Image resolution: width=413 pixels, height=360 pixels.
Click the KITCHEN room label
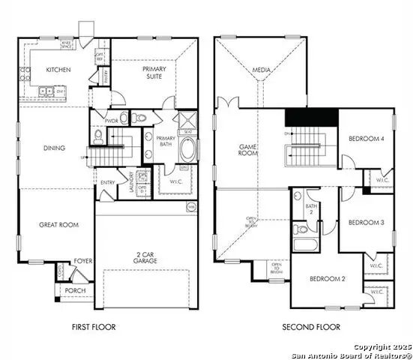58,69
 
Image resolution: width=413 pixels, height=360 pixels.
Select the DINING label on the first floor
54,148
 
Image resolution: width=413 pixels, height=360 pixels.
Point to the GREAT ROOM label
59,224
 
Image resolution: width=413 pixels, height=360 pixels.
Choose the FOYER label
82,262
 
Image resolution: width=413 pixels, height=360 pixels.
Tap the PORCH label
75,290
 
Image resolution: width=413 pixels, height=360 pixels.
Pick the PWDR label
112,120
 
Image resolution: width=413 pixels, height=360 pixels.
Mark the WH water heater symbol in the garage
191,206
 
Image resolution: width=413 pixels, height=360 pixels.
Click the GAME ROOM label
248,151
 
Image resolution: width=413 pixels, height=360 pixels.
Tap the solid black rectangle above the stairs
311,118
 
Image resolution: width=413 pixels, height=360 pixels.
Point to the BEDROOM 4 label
367,138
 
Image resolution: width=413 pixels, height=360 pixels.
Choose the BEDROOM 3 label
366,222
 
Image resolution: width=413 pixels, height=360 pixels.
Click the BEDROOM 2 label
328,279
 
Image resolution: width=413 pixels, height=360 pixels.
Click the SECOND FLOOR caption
310,327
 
